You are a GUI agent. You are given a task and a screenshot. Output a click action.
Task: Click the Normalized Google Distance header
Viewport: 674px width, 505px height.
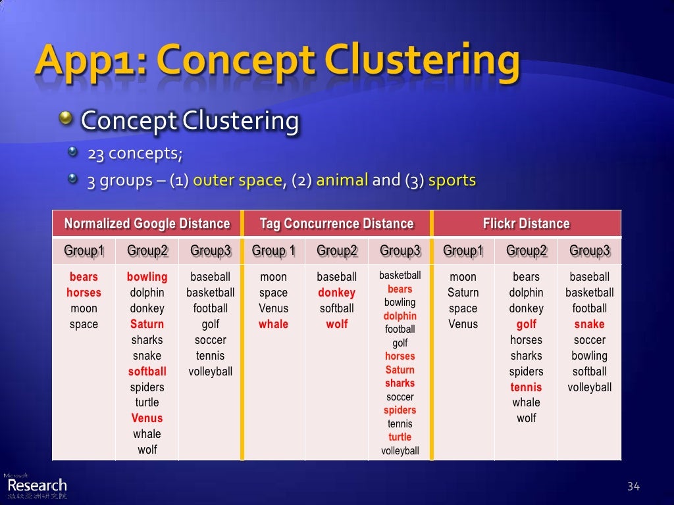tap(147, 224)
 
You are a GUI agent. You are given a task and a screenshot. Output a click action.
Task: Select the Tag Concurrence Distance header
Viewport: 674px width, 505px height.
tap(336, 224)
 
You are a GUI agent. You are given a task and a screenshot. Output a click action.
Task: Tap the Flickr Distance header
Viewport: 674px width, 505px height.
tap(526, 224)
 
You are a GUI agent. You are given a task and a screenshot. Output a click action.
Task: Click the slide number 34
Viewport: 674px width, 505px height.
tap(633, 487)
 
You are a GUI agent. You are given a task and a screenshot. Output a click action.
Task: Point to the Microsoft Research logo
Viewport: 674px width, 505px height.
tap(36, 485)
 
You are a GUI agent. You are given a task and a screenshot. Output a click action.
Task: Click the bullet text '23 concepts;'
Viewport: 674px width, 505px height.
tap(135, 154)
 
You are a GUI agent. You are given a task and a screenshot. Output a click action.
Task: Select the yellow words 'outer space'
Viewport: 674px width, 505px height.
tap(238, 180)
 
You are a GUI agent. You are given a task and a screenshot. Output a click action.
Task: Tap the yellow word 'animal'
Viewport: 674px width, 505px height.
tap(342, 180)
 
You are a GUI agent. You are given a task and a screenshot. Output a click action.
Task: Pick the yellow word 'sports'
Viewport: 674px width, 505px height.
tap(452, 180)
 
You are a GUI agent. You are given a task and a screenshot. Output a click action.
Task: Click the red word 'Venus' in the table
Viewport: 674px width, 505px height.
tap(147, 418)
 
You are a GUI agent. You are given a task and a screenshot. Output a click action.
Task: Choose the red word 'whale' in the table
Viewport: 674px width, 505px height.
tap(273, 324)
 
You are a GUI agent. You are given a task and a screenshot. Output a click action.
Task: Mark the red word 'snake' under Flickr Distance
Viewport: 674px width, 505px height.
tap(589, 324)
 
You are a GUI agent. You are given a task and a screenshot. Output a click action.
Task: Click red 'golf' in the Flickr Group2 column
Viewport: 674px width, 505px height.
tap(526, 324)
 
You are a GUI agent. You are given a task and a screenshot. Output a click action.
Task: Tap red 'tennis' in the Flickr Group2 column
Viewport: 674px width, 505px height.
tap(526, 387)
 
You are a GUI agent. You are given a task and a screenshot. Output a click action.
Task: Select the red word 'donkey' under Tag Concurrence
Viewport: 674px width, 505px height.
tap(336, 293)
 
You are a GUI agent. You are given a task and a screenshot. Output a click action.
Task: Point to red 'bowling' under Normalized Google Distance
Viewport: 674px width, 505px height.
tap(147, 277)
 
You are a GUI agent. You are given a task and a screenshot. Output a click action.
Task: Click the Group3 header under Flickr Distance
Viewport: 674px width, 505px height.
tap(589, 251)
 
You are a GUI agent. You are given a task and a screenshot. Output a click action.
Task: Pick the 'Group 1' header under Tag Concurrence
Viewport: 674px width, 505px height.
tap(273, 251)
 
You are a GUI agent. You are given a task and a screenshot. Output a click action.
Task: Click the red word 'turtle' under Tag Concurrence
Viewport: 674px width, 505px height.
tap(400, 437)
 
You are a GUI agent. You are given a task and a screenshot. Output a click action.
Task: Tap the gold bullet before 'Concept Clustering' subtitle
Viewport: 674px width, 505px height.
tap(66, 119)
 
